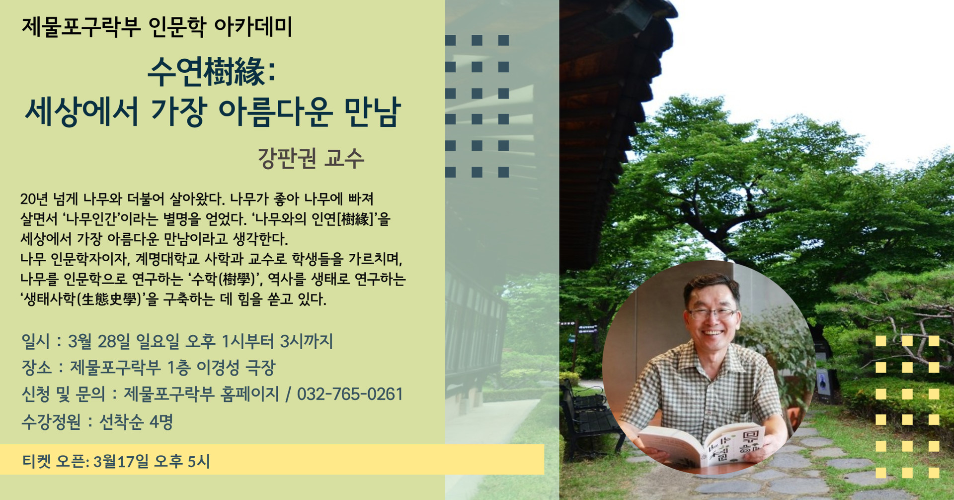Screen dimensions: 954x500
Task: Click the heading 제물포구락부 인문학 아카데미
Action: tap(157, 27)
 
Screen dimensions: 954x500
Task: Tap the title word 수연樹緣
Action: tap(207, 72)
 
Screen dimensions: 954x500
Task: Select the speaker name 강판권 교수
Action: tap(311, 158)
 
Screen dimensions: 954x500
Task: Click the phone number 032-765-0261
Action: tap(350, 394)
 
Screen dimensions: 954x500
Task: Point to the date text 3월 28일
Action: tap(99, 341)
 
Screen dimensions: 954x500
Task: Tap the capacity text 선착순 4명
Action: tap(136, 422)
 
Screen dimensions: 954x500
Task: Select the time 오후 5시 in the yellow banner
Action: tap(182, 461)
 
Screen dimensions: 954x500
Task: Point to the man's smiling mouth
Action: tap(712, 333)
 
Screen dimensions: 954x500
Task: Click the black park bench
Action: tap(589, 415)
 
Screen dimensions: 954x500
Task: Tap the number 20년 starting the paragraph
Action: tap(34, 199)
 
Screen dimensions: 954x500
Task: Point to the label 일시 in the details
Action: tap(36, 341)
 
